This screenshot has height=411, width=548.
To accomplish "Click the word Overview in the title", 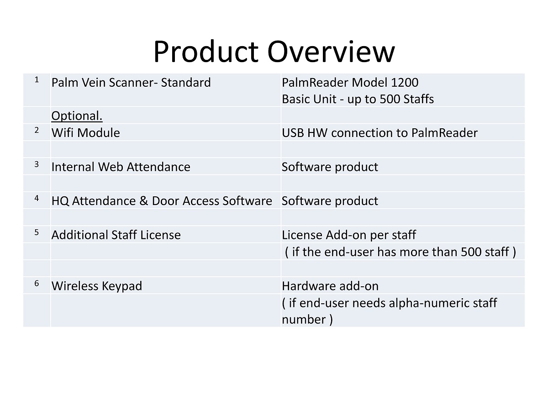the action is click(331, 52).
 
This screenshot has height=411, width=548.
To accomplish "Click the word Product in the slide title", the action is click(206, 52).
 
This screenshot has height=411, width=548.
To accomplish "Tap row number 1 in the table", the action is click(37, 80).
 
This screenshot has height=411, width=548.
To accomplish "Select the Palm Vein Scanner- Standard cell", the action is click(131, 83).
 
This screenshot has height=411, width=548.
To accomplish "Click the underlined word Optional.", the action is click(77, 116).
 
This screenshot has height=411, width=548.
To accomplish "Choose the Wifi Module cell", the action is click(86, 133).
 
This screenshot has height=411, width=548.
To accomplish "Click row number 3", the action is click(37, 164).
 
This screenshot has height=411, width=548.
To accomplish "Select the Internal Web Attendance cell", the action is click(121, 167).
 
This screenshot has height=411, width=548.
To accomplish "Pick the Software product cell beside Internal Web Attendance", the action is click(330, 167).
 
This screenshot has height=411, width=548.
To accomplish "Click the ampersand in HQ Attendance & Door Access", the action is click(143, 201).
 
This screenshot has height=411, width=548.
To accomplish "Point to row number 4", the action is click(37, 198).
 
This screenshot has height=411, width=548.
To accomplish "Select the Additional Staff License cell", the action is click(116, 235).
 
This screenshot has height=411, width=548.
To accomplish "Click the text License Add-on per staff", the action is click(349, 235).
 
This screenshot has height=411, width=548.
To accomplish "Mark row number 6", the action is click(37, 283).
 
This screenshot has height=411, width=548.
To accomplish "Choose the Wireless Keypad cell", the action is click(97, 286).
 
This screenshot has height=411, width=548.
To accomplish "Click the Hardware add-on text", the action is click(330, 286).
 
